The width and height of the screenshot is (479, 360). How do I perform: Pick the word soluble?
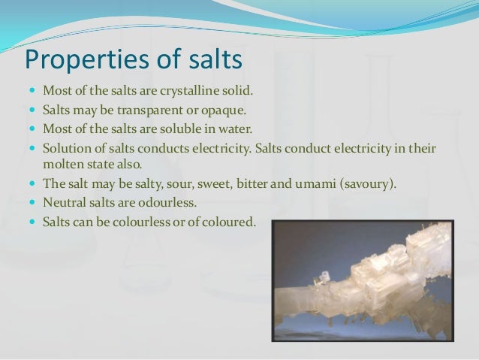pyautogui.click(x=180, y=129)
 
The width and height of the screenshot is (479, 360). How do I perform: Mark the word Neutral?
pyautogui.click(x=65, y=202)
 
